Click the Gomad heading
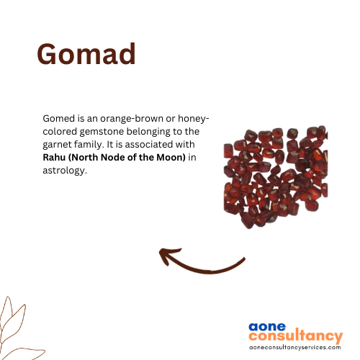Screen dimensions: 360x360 pos(86,54)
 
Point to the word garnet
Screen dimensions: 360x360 pos(57,145)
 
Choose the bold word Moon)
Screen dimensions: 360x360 pos(171,158)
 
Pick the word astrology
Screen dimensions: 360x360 pos(65,171)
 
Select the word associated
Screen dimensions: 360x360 pos(149,145)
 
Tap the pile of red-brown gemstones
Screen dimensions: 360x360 pos(276,177)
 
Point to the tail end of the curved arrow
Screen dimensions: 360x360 pos(244,258)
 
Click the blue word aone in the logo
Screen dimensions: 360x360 pos(267,327)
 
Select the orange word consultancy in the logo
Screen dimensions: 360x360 pos(295,336)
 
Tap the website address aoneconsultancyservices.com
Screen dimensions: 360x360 pos(295,347)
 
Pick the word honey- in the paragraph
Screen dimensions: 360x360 pos(194,119)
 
